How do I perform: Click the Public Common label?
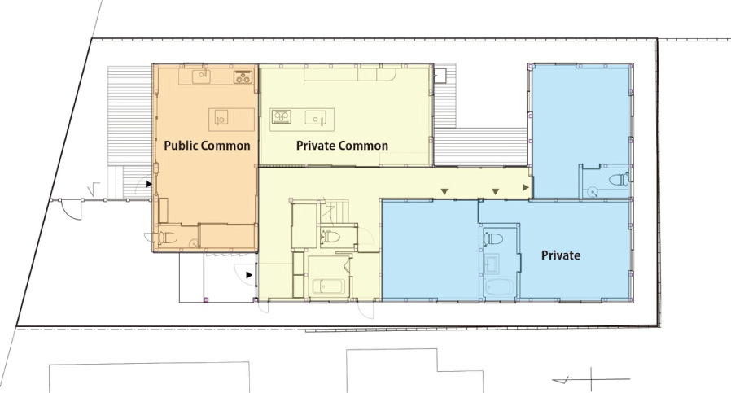(x=207, y=146)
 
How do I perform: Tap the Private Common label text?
(x=342, y=146)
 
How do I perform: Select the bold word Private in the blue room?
(x=561, y=255)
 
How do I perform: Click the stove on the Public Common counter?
(x=243, y=77)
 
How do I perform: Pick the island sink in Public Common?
(x=221, y=119)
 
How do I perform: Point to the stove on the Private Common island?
(x=281, y=116)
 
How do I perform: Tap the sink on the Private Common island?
(x=315, y=117)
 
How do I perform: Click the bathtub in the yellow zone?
(x=328, y=286)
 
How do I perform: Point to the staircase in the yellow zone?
(x=335, y=212)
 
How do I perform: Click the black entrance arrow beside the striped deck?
(x=149, y=184)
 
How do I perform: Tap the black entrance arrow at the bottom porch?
(x=249, y=275)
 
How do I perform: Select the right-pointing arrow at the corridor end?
(x=526, y=187)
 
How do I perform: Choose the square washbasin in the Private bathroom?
(x=492, y=264)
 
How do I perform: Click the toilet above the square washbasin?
(x=492, y=239)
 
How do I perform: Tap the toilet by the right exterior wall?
(x=619, y=180)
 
